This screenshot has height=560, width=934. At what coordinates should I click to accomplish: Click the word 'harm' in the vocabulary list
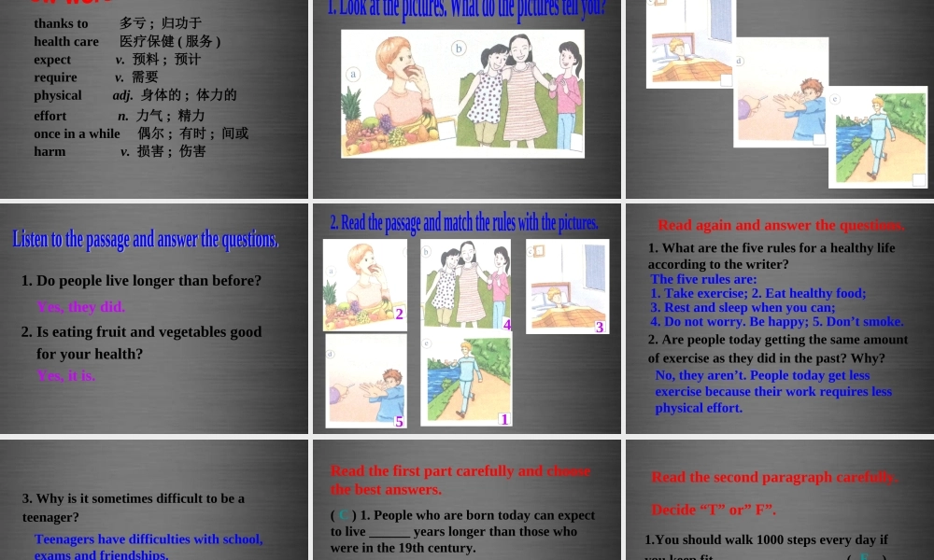pyautogui.click(x=50, y=151)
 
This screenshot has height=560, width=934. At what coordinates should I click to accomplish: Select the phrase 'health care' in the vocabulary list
pyautogui.click(x=66, y=41)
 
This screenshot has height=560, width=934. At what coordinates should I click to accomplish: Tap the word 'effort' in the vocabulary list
pyautogui.click(x=50, y=116)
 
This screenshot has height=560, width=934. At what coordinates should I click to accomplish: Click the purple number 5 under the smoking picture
pyautogui.click(x=399, y=421)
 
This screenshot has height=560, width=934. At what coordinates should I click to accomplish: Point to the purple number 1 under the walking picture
pyautogui.click(x=504, y=419)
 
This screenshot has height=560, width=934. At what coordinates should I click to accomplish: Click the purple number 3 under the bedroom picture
pyautogui.click(x=601, y=327)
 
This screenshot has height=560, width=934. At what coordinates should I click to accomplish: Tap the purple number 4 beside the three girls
pyautogui.click(x=507, y=325)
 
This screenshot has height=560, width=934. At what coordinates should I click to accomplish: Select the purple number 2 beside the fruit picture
pyautogui.click(x=399, y=315)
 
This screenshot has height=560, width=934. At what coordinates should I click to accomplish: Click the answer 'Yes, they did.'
pyautogui.click(x=81, y=307)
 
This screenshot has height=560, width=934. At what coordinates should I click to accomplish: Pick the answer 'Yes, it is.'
pyautogui.click(x=66, y=375)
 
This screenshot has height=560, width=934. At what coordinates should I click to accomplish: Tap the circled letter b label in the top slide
pyautogui.click(x=459, y=48)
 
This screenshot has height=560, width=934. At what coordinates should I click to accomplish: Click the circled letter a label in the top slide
pyautogui.click(x=354, y=74)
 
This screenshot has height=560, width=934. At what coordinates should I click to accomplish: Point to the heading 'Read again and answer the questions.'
pyautogui.click(x=781, y=225)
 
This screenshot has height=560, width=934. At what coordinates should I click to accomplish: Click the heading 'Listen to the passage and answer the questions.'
pyautogui.click(x=146, y=240)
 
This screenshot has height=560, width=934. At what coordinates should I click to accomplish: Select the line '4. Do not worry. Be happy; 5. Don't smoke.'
pyautogui.click(x=777, y=322)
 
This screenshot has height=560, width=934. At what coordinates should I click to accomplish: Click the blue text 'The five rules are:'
pyautogui.click(x=703, y=279)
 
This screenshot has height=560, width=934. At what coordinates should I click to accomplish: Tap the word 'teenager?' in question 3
pyautogui.click(x=50, y=516)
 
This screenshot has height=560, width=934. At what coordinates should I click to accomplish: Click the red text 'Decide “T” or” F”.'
pyautogui.click(x=714, y=510)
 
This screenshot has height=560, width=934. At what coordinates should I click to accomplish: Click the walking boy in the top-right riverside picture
pyautogui.click(x=878, y=135)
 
